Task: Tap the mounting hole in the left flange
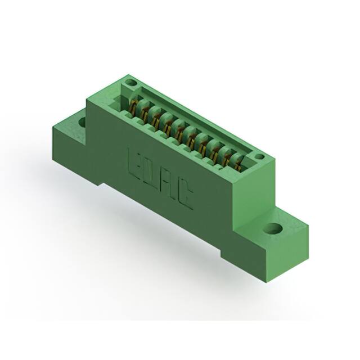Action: pyautogui.click(x=82, y=121)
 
